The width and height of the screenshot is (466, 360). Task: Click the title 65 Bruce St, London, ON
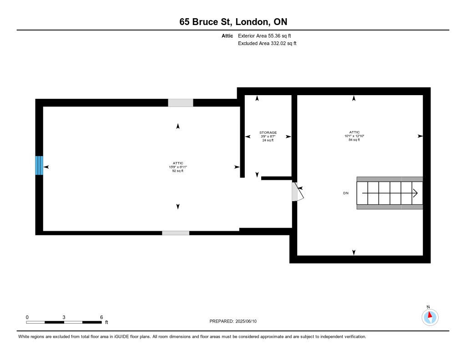tap(233, 22)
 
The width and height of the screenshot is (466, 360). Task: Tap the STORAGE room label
tap(268, 132)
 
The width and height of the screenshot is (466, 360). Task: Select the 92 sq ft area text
tap(178, 171)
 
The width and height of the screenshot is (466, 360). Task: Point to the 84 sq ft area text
tap(354, 140)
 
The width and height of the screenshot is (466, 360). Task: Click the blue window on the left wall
tap(39, 165)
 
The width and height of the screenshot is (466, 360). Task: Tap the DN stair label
tap(346, 193)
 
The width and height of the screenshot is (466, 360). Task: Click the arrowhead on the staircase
tap(415, 193)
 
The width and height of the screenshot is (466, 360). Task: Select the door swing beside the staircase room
tap(298, 192)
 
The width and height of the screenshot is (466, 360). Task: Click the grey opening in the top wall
tap(180, 103)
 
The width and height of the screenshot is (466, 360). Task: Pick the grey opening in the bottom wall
tap(176, 233)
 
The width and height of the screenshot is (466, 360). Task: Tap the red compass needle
tap(430, 315)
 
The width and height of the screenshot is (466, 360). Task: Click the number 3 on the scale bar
tap(64, 317)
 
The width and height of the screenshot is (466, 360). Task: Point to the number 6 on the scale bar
tap(101, 317)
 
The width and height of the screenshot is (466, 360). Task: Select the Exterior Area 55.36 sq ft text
tap(264, 36)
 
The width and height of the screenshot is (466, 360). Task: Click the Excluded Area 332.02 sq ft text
tap(267, 43)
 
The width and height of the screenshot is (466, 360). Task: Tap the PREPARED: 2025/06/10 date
tap(233, 321)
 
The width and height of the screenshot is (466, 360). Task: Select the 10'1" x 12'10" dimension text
tap(354, 136)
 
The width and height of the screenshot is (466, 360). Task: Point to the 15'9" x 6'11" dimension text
tap(178, 167)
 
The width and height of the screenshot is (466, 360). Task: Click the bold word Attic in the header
tap(228, 36)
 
